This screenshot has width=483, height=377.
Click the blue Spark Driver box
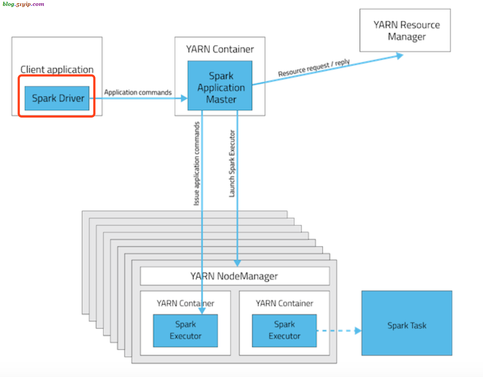[x=57, y=98]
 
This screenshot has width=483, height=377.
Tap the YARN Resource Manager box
[x=405, y=30]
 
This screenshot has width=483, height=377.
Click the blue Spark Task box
[x=407, y=323]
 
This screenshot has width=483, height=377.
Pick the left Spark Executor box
[x=185, y=330]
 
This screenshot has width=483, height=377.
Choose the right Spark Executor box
[x=284, y=330]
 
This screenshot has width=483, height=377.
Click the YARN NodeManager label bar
[x=235, y=276]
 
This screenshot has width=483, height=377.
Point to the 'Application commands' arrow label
[x=138, y=92]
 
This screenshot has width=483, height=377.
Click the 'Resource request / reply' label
[x=314, y=68]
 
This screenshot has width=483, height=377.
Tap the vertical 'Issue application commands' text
[x=197, y=164]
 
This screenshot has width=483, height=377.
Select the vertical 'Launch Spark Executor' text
[x=232, y=164]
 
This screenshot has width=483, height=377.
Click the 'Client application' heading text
[x=57, y=69]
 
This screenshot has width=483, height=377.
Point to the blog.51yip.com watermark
[x=23, y=4]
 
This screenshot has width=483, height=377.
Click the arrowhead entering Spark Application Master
[x=184, y=98]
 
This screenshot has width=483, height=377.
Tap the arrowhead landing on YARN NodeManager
[x=237, y=263]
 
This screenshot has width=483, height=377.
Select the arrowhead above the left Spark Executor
[x=202, y=311]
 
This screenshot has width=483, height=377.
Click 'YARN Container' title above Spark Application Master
[x=220, y=49]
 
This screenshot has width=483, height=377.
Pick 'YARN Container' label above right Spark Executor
[x=284, y=303]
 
